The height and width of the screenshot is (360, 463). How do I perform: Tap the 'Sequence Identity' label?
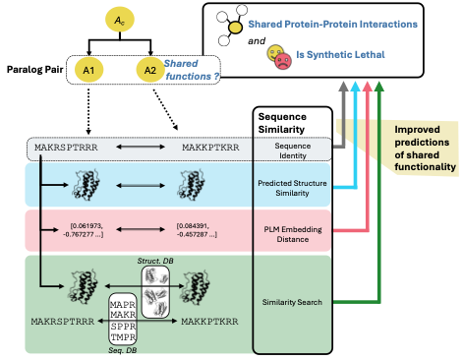pos(292,150)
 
